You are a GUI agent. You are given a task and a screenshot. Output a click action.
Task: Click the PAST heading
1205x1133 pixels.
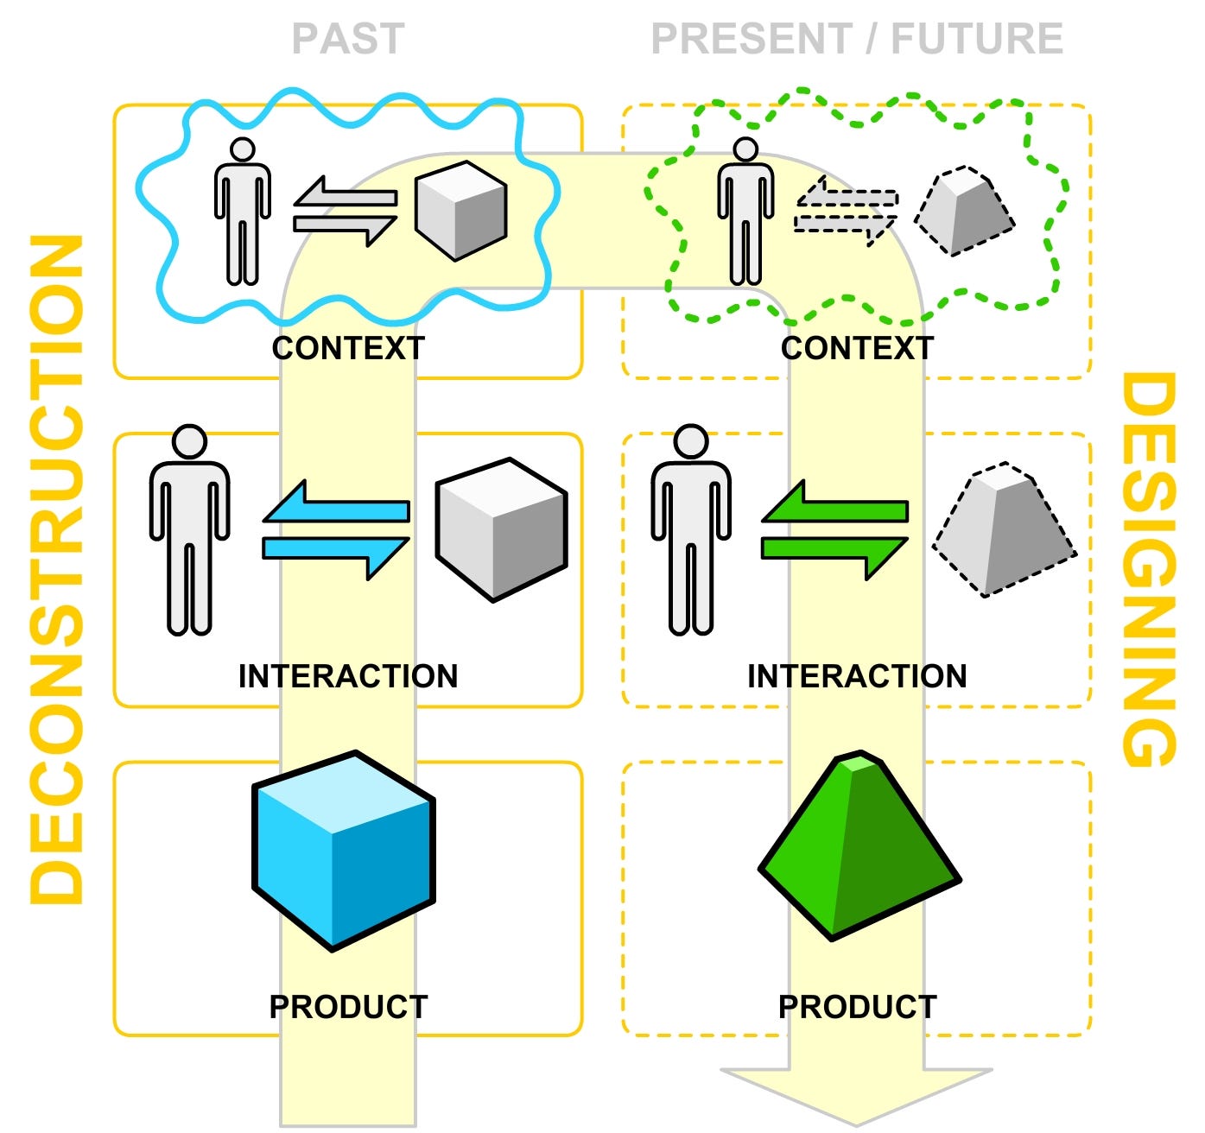(348, 39)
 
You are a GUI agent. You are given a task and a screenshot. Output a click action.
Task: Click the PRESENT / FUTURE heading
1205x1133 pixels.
(856, 39)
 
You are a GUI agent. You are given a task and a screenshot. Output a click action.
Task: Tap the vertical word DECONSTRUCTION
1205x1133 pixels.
(58, 570)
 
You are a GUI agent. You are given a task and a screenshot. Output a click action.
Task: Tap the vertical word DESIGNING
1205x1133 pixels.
(1149, 570)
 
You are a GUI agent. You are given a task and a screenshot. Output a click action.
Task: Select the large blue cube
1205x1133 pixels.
(343, 851)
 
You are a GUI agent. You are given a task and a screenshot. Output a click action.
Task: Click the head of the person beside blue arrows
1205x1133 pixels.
(189, 442)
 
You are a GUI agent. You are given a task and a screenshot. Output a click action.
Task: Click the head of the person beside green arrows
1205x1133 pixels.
(691, 442)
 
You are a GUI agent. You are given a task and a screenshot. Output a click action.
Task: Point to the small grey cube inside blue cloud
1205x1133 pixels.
(460, 210)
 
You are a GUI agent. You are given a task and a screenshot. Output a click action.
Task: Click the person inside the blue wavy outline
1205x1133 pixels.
(243, 212)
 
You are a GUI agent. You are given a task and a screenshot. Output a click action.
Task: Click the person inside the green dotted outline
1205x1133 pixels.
(745, 212)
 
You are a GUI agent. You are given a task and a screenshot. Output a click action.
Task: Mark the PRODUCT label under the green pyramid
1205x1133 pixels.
(857, 1007)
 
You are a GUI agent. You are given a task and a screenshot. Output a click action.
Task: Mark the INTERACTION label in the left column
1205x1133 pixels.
(348, 676)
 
